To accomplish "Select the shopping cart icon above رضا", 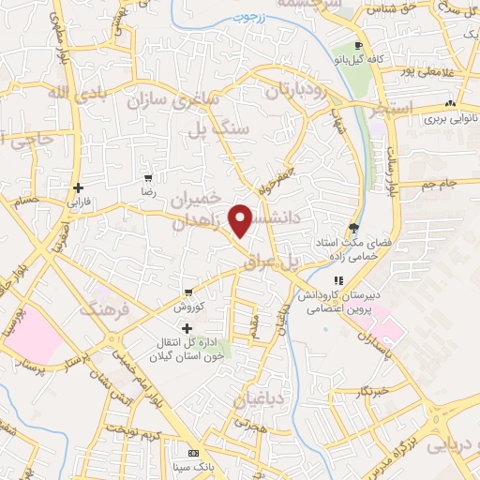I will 147,176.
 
